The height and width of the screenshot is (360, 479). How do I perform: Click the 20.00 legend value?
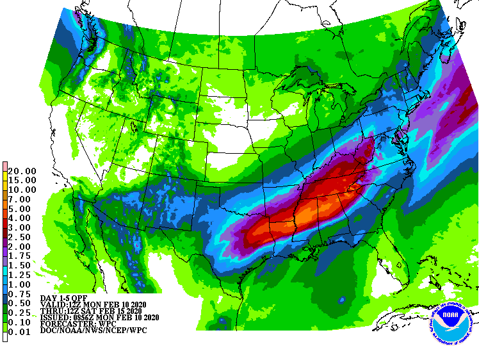22,171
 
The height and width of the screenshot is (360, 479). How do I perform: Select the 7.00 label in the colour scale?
22,199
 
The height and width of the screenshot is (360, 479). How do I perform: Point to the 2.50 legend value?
22,237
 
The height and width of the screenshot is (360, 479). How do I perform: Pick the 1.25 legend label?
22,274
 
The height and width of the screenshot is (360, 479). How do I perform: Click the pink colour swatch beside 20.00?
5,167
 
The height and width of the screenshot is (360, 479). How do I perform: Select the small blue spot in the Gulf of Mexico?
341,299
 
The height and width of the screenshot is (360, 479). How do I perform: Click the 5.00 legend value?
22,209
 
